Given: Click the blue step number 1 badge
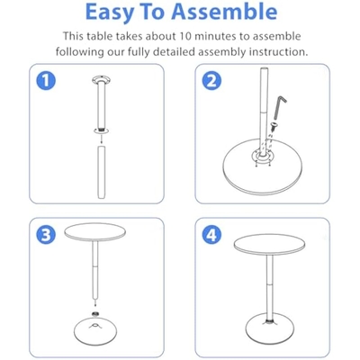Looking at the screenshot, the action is [46, 81].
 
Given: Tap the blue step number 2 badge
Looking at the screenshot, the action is [211, 81].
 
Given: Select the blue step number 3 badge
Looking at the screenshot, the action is [46, 235].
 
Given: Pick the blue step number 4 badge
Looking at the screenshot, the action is [211, 235].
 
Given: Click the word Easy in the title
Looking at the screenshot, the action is [110, 12].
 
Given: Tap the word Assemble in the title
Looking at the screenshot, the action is [224, 11].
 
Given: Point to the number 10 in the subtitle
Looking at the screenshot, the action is [185, 36].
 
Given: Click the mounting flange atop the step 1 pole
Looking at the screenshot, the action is [101, 80].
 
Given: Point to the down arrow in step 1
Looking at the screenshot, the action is [101, 139].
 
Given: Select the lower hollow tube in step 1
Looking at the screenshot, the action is [101, 172].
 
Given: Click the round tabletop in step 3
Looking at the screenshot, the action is [95, 232].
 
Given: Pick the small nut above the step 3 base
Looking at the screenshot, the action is [95, 313].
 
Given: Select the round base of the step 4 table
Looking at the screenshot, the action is [269, 332].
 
